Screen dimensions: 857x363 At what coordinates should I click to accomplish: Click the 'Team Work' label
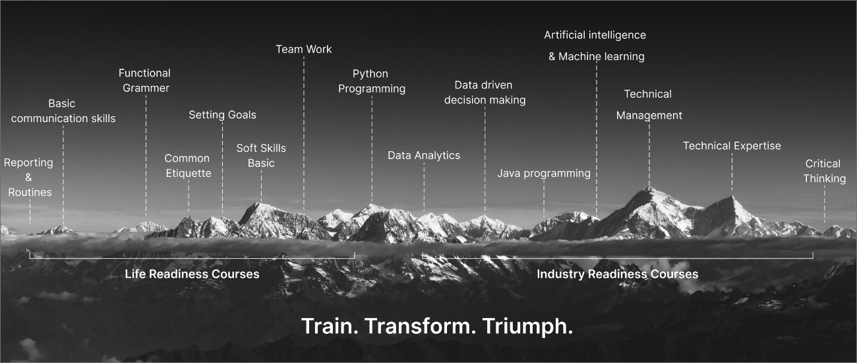[304, 49]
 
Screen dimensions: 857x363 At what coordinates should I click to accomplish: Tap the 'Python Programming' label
[372, 81]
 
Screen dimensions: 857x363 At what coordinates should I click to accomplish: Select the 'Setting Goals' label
[222, 115]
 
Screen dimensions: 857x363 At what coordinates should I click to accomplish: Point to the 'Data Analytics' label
[423, 156]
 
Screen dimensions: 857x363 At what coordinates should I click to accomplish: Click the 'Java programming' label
[544, 174]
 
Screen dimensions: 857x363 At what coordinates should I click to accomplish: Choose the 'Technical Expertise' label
[732, 146]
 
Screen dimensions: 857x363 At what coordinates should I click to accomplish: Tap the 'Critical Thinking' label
[824, 171]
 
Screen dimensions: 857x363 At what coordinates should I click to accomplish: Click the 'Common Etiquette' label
[188, 166]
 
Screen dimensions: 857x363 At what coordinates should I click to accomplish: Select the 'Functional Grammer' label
[145, 81]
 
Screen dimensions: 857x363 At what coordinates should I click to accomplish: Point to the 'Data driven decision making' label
[485, 92]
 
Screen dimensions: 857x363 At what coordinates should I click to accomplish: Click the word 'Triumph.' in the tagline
[527, 326]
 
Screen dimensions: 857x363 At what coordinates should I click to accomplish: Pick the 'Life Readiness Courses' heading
[192, 274]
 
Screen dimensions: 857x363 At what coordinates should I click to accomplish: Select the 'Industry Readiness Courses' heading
[618, 274]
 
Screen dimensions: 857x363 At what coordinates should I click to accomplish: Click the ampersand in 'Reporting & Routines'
[28, 178]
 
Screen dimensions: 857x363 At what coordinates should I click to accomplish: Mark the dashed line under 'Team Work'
[304, 133]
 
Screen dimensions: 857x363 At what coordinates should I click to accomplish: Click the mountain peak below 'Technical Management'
[649, 187]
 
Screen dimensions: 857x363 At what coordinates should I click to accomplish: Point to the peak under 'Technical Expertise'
[732, 197]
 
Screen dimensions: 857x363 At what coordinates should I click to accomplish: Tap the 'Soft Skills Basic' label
[261, 156]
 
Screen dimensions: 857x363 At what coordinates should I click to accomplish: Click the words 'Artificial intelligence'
[595, 35]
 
